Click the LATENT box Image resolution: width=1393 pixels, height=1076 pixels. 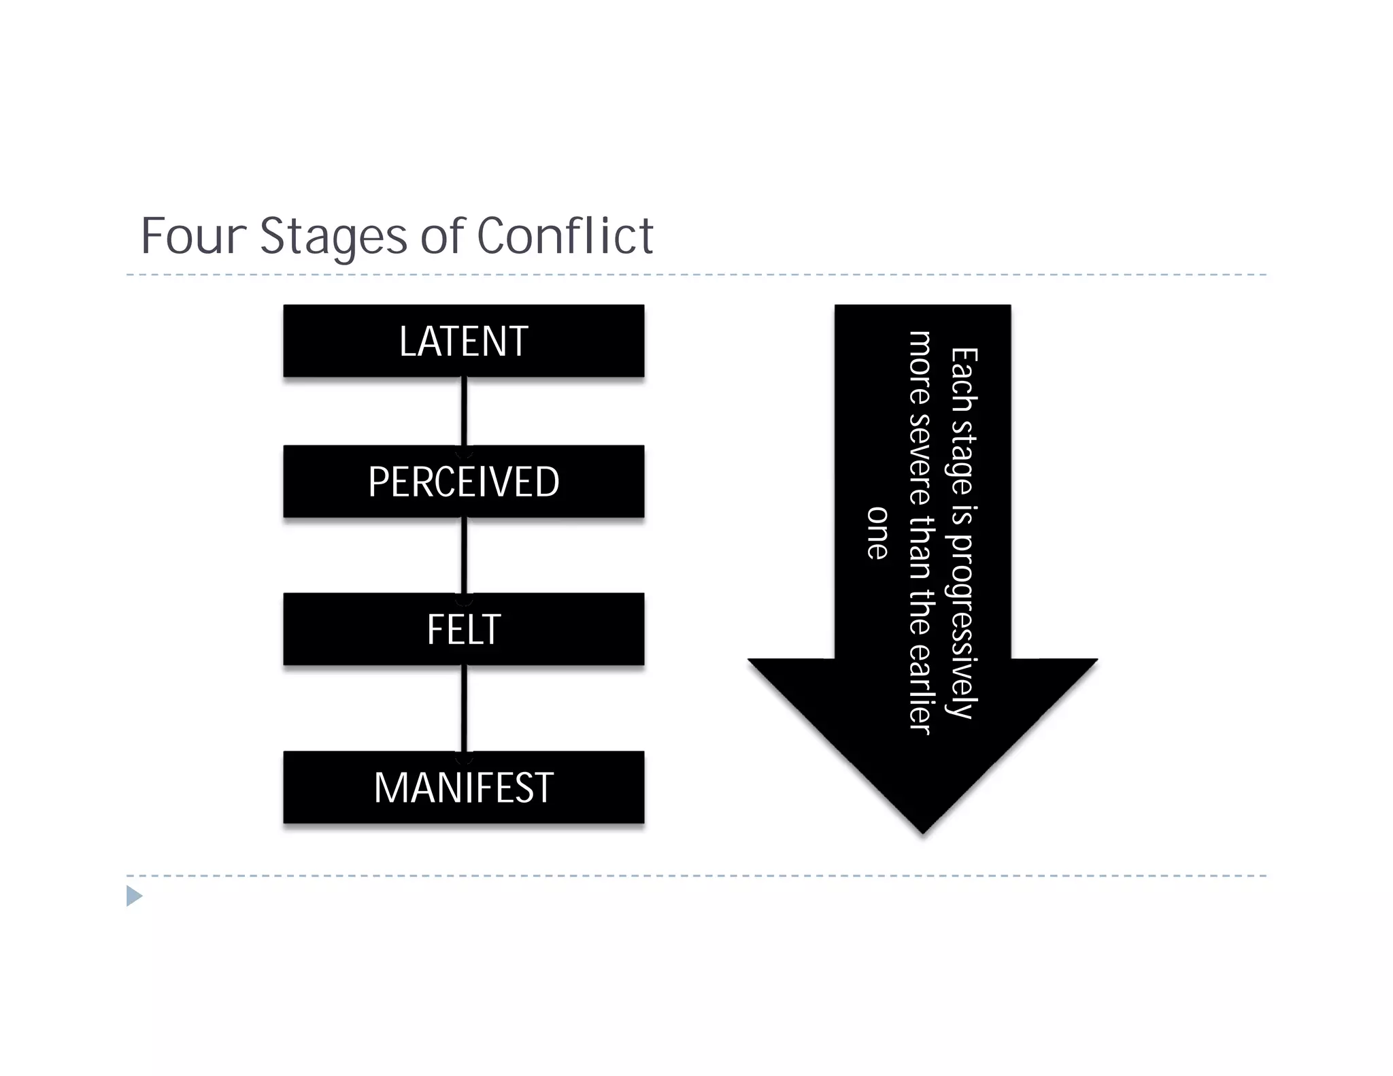click(463, 341)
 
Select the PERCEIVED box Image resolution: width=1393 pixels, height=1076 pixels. click(463, 482)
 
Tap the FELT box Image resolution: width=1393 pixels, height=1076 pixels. click(463, 629)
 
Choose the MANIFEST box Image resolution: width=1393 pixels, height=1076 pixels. click(463, 788)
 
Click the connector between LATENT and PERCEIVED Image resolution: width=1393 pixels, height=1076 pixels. click(464, 411)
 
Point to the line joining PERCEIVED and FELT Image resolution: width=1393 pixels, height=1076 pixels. click(464, 556)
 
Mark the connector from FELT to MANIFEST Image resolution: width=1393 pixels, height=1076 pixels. click(464, 709)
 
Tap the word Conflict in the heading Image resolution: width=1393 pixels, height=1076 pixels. click(565, 236)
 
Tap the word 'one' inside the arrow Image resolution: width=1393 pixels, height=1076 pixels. click(877, 533)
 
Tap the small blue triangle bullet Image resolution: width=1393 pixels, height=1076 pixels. click(134, 896)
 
